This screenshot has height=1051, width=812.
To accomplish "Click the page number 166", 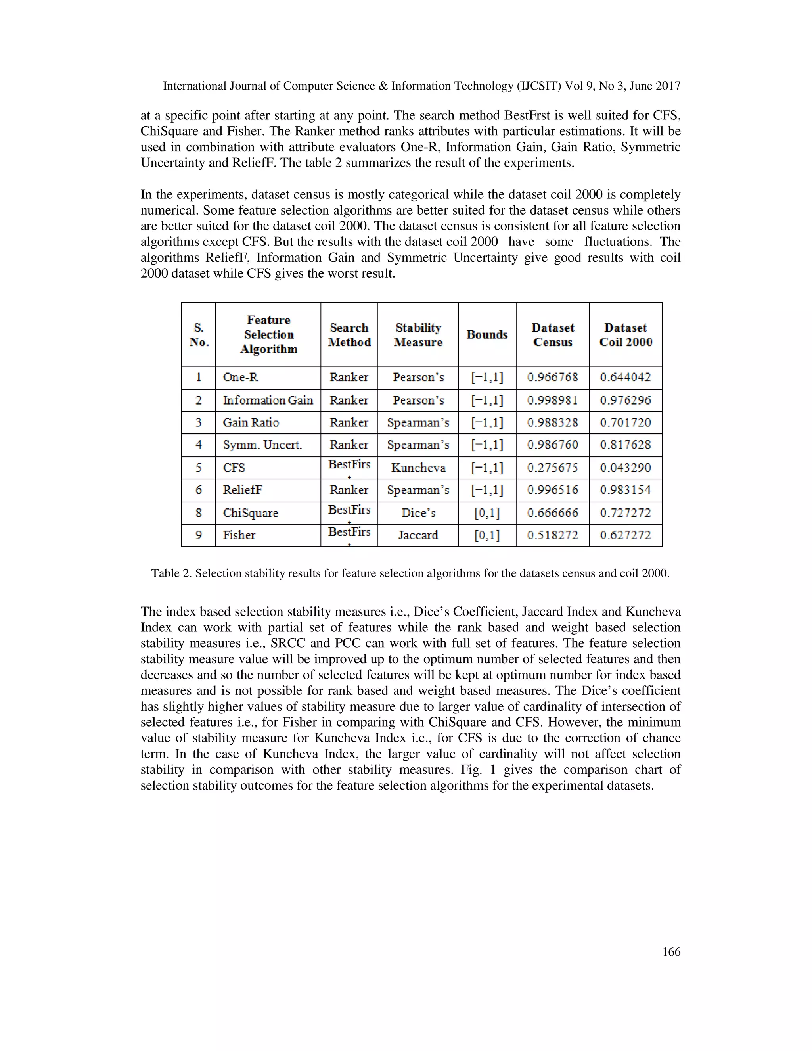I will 671,952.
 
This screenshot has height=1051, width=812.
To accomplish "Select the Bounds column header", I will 487,334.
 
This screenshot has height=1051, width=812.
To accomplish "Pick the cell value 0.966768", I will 553,377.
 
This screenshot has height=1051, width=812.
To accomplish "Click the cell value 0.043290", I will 625,468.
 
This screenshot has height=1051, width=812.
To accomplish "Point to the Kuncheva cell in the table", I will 418,468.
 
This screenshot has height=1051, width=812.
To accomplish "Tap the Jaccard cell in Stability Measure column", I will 417,535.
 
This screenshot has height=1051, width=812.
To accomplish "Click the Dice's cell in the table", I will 418,513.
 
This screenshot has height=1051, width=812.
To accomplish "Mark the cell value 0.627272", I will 625,535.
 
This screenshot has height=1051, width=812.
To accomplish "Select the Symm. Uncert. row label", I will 262,445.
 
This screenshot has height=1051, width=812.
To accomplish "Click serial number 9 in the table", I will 198,535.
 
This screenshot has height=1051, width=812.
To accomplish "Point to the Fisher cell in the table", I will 239,535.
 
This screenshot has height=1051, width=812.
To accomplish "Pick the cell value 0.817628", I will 625,445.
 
